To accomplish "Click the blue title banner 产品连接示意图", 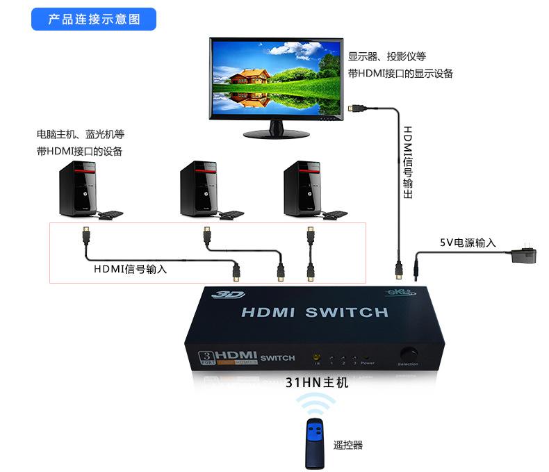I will click(94, 19).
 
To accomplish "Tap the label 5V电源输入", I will click(468, 243).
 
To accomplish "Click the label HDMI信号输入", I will click(130, 268).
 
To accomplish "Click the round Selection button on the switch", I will click(408, 352).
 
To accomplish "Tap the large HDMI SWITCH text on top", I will click(314, 312).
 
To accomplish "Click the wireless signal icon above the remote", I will click(316, 407).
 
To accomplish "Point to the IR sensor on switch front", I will click(317, 355).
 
